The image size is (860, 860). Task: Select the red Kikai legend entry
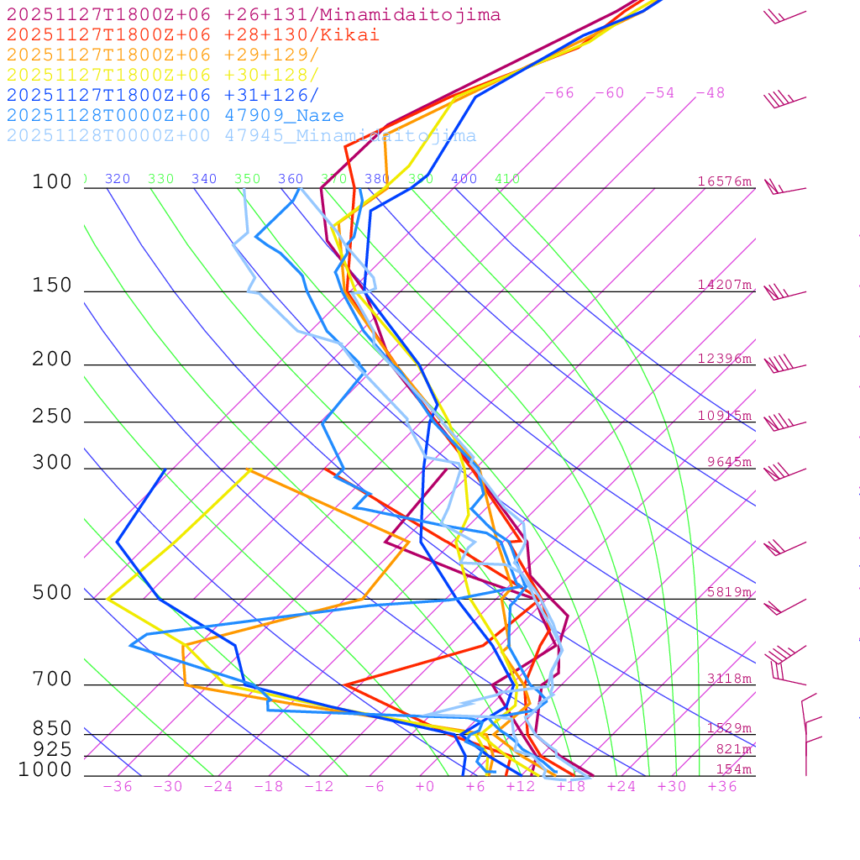192,35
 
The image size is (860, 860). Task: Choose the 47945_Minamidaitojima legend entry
241,136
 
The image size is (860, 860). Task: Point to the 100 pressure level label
52,181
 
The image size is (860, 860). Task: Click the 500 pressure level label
52,593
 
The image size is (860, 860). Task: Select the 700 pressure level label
52,679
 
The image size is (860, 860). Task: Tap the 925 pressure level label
52,748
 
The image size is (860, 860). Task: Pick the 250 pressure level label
52,416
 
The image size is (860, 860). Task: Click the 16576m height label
725,181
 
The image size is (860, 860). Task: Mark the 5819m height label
729,592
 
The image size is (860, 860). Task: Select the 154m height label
733,769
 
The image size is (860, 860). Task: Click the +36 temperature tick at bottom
722,787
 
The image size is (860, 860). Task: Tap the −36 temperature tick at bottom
118,787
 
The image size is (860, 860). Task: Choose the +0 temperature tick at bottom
425,787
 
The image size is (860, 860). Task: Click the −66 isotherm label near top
559,93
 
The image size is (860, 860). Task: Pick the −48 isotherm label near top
711,93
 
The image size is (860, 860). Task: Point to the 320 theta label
118,179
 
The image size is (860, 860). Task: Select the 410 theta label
507,179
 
